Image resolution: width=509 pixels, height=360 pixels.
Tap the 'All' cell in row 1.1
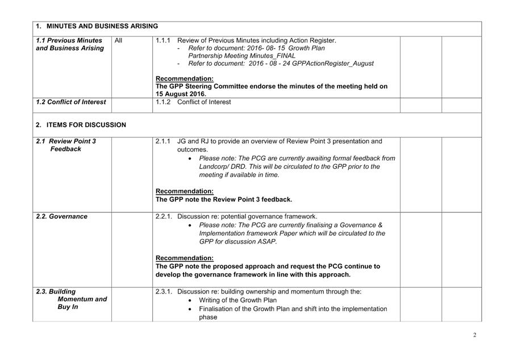(x=118, y=41)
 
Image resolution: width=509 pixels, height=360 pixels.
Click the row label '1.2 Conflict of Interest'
(x=70, y=102)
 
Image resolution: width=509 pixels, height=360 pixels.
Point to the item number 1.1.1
(x=162, y=41)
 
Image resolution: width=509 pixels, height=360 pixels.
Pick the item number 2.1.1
(x=162, y=141)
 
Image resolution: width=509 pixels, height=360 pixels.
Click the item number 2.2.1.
(x=164, y=216)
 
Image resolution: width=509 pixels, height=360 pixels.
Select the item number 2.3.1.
(x=164, y=292)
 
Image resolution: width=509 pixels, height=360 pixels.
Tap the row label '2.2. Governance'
(x=61, y=216)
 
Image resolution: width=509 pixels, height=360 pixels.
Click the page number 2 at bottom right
(x=474, y=335)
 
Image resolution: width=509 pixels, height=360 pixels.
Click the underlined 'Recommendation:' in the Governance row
(x=185, y=258)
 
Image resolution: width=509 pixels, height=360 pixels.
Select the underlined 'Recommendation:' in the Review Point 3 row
(x=185, y=191)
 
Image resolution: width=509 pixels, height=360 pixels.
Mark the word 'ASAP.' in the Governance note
(x=268, y=241)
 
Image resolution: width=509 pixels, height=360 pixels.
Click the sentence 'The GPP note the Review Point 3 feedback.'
(x=224, y=200)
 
